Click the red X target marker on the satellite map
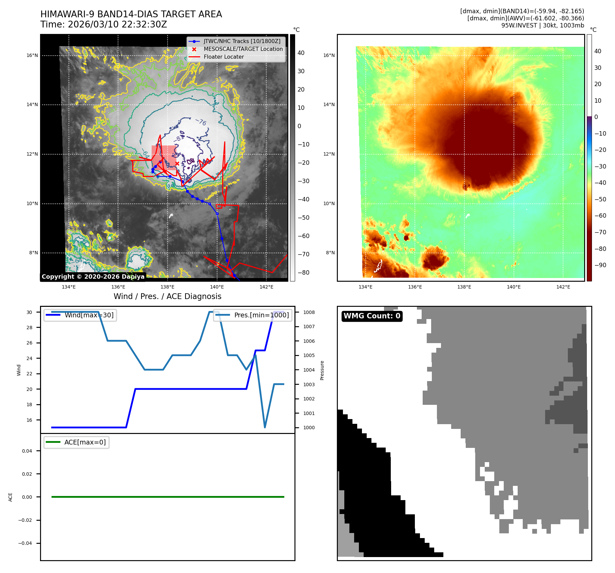pos(177,163)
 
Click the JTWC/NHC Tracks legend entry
pos(242,41)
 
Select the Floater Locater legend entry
pos(224,57)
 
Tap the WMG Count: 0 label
pos(372,316)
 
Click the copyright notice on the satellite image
pos(93,277)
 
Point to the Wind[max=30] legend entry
pos(89,315)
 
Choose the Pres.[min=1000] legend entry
pos(261,315)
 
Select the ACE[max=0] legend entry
pos(85,442)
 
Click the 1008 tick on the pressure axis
pos(309,312)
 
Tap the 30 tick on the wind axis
pos(30,312)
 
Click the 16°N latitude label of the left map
pos(32,55)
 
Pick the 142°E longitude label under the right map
pos(563,287)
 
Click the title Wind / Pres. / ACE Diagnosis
pos(167,296)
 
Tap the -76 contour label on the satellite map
pos(201,122)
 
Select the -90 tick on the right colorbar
pos(600,265)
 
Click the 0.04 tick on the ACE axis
pos(27,451)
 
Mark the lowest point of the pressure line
pos(265,427)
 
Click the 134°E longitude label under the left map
pos(69,287)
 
